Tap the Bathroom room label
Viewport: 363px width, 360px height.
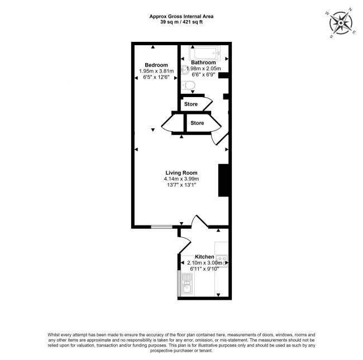[x=203, y=63]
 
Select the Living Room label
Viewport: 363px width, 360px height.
[x=181, y=173]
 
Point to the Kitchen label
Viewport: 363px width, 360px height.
[x=204, y=257]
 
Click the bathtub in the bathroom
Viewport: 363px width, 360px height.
[x=205, y=53]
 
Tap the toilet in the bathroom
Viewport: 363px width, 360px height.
[x=188, y=85]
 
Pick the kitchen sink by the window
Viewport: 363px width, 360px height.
[x=187, y=285]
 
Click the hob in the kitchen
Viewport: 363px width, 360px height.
[x=222, y=261]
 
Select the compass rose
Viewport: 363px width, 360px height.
[x=341, y=23]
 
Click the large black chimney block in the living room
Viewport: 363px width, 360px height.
[x=223, y=180]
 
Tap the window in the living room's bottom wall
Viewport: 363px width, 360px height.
[x=161, y=227]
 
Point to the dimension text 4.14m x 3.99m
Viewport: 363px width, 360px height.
[x=181, y=179]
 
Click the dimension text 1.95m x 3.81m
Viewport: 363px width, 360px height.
[x=156, y=71]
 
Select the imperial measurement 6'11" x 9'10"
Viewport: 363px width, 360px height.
[x=204, y=269]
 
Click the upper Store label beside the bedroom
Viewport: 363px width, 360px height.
[x=191, y=104]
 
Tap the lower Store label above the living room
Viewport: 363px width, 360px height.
[x=197, y=123]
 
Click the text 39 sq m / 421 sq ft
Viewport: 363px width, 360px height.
[x=181, y=22]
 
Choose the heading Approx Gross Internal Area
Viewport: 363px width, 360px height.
[x=181, y=16]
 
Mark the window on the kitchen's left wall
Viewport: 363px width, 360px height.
[x=179, y=283]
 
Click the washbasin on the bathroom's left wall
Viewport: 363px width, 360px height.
[x=185, y=70]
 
